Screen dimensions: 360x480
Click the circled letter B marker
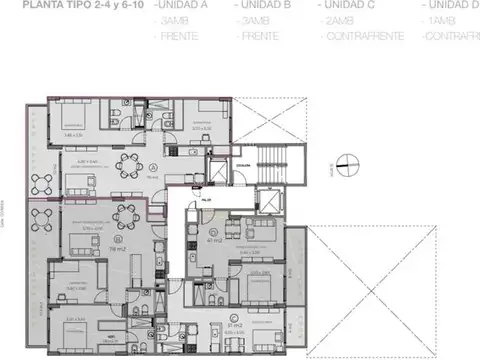click(117, 240)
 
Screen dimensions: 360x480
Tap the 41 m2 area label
click(213, 241)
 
